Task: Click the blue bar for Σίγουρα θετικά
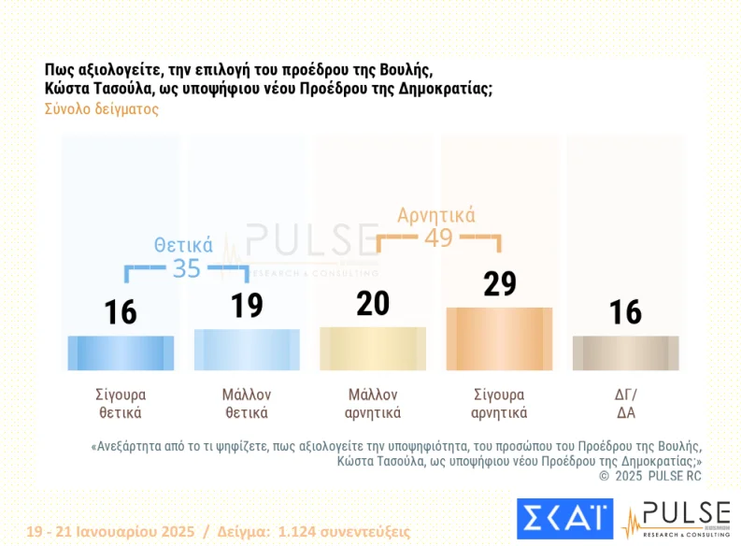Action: (121, 352)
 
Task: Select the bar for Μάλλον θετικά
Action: (247, 350)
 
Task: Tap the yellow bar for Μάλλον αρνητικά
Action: (373, 349)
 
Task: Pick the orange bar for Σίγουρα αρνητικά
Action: (499, 338)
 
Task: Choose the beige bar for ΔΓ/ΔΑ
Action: (625, 353)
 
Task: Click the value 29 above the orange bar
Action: (500, 283)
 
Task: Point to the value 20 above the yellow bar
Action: (373, 304)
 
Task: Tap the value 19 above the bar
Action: (247, 306)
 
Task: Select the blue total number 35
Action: (187, 268)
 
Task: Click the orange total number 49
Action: (438, 237)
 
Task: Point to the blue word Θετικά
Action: (183, 245)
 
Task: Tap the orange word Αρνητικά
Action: (436, 215)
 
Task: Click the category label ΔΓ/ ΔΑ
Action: (625, 403)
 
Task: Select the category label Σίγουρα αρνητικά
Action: (499, 403)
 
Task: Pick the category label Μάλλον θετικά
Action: (247, 403)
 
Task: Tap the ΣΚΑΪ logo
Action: (564, 520)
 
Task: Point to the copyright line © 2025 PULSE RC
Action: (649, 477)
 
